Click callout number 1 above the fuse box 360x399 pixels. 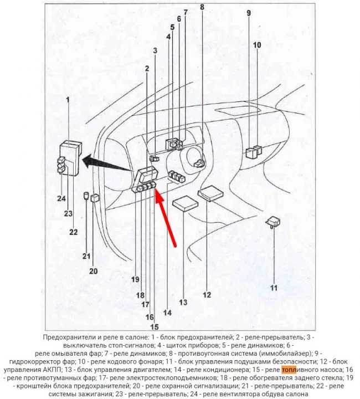click(x=68, y=100)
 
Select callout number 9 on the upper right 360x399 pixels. click(x=249, y=13)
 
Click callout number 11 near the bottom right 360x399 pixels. click(x=273, y=288)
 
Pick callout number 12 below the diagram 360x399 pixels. click(x=207, y=295)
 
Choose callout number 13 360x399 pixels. click(x=183, y=303)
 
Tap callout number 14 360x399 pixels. click(x=167, y=312)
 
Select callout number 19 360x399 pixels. click(x=135, y=278)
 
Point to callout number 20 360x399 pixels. click(x=93, y=271)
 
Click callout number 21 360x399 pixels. click(x=86, y=256)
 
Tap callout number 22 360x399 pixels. click(x=74, y=232)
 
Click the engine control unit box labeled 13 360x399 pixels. click(x=186, y=203)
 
